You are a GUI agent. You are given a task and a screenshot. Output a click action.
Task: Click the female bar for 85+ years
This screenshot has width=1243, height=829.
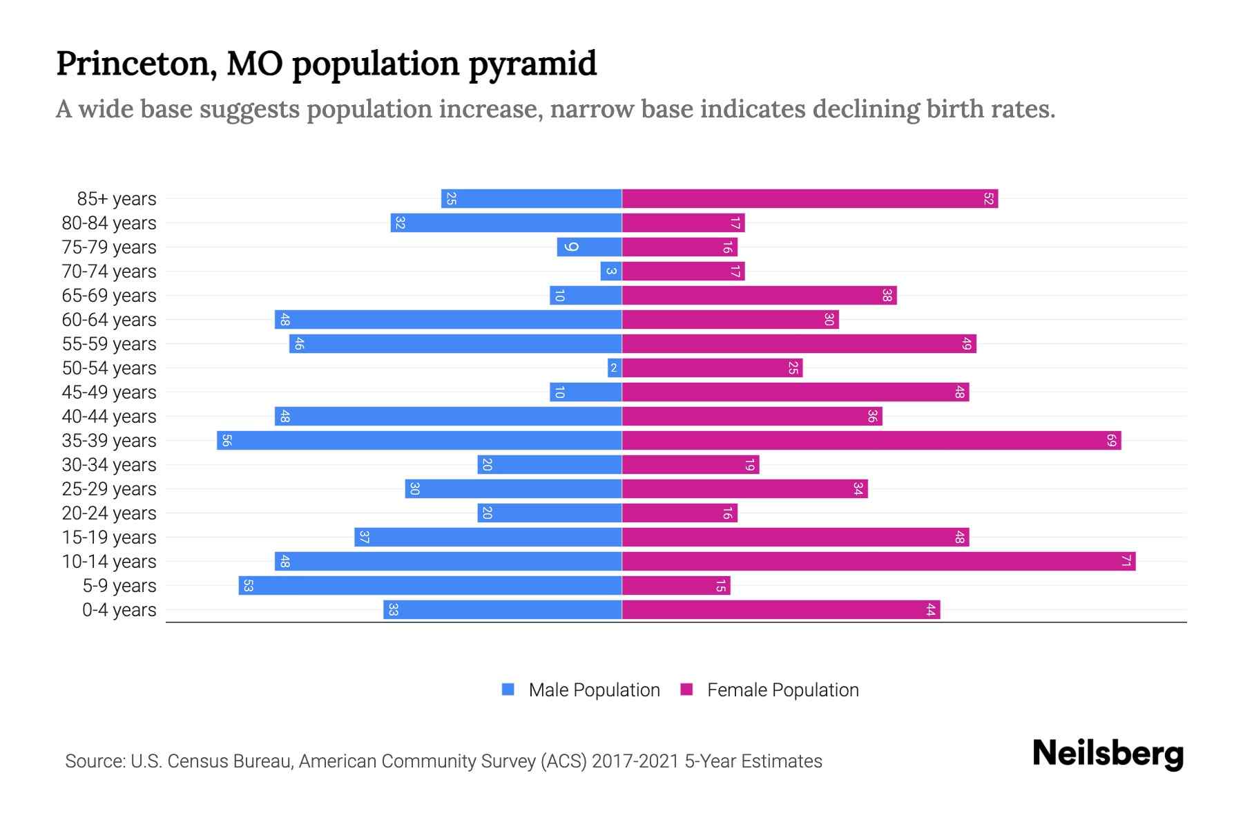click(x=809, y=199)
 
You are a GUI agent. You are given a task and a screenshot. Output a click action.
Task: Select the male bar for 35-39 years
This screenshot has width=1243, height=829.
click(x=419, y=441)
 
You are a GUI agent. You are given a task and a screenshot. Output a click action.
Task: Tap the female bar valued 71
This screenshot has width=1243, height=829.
click(x=878, y=562)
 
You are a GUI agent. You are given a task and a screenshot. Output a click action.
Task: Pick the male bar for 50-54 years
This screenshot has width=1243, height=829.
click(x=615, y=368)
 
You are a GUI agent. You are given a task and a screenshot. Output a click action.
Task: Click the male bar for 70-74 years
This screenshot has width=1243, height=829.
click(x=611, y=271)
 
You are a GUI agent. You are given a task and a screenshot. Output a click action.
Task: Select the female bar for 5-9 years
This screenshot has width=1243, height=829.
click(x=676, y=586)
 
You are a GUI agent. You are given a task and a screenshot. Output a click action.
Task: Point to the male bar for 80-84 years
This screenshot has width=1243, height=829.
click(x=506, y=223)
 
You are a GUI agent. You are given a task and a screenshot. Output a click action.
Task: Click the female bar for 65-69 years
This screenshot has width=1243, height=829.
click(x=759, y=296)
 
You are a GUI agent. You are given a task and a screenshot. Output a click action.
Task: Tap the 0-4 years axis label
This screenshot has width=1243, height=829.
click(x=119, y=610)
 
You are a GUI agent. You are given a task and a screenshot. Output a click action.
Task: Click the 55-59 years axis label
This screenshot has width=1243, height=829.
click(x=109, y=344)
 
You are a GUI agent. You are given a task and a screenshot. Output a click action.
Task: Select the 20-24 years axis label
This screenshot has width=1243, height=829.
click(x=109, y=513)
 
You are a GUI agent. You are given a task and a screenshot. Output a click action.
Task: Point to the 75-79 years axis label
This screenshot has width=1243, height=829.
click(x=109, y=247)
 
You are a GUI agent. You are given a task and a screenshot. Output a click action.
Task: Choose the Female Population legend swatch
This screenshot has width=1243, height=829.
click(x=686, y=689)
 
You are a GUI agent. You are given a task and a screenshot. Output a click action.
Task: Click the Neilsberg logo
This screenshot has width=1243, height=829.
click(x=1108, y=754)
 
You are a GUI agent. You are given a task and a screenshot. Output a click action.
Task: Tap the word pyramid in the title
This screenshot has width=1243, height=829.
click(x=532, y=64)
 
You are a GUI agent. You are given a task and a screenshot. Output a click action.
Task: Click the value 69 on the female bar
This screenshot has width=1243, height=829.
click(x=1111, y=441)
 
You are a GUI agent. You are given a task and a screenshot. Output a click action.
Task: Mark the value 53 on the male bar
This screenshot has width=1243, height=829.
click(x=248, y=586)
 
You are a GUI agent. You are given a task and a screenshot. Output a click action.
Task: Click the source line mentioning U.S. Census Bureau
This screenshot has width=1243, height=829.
click(x=443, y=761)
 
